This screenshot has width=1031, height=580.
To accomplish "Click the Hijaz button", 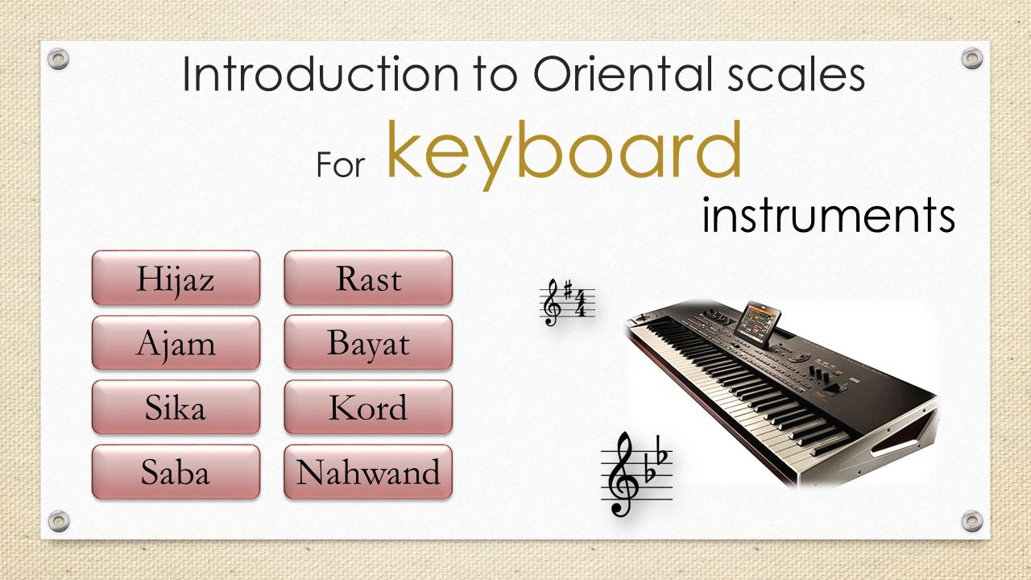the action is pyautogui.click(x=176, y=278).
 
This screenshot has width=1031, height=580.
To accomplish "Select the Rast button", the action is pyautogui.click(x=368, y=278).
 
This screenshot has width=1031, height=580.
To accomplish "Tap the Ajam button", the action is pyautogui.click(x=176, y=342).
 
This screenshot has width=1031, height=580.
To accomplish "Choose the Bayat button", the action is pyautogui.click(x=368, y=342).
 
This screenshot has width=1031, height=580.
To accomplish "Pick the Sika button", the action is pyautogui.click(x=176, y=407).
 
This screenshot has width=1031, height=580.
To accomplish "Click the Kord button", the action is pyautogui.click(x=368, y=407).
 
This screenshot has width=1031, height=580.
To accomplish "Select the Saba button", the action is pyautogui.click(x=176, y=472).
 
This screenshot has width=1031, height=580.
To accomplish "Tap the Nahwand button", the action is pyautogui.click(x=368, y=472).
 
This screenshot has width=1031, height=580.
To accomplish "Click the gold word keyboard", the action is pyautogui.click(x=565, y=152).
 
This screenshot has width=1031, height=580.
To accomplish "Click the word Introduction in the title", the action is pyautogui.click(x=321, y=74).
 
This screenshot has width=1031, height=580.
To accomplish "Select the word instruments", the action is pyautogui.click(x=829, y=215).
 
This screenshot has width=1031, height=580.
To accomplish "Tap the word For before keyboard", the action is pyautogui.click(x=341, y=164).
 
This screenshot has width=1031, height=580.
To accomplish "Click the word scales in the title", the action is pyautogui.click(x=797, y=74).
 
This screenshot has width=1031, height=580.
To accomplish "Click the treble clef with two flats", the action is pyautogui.click(x=636, y=474).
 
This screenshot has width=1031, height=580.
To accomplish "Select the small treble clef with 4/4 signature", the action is pyautogui.click(x=567, y=302).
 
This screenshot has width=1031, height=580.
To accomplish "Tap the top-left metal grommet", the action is pyautogui.click(x=59, y=59).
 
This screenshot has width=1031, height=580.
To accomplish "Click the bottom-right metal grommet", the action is pyautogui.click(x=972, y=521).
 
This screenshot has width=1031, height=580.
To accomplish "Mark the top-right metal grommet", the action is pyautogui.click(x=972, y=59).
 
